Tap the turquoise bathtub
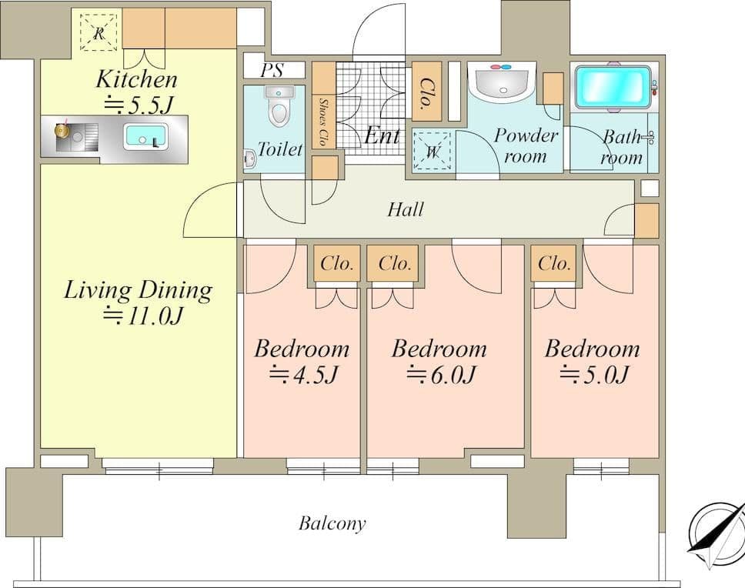612,88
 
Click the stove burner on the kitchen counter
62,130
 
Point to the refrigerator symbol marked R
99,32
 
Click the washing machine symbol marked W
432,151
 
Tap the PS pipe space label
272,70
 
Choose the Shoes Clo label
323,122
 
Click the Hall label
406,209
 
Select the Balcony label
332,523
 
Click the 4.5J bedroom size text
303,374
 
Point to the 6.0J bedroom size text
440,374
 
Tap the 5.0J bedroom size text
594,374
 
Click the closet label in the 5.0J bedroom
554,262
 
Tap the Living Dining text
138,290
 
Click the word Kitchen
136,79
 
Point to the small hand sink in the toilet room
249,159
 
